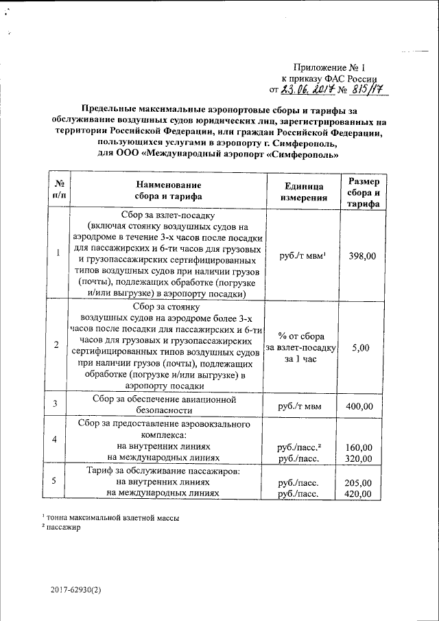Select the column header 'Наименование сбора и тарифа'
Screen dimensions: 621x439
pyautogui.click(x=169, y=191)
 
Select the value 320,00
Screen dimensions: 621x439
pyautogui.click(x=359, y=458)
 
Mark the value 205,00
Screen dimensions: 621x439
pyautogui.click(x=359, y=482)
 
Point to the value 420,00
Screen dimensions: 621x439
pyautogui.click(x=359, y=493)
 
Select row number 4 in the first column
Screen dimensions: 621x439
pyautogui.click(x=55, y=438)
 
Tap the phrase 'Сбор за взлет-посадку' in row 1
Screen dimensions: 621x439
pyautogui.click(x=168, y=214)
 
